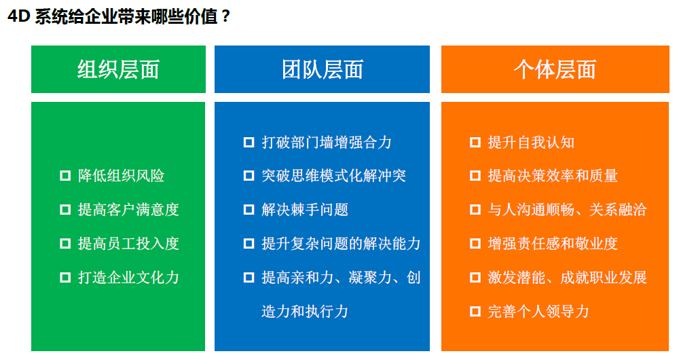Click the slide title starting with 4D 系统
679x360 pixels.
pyautogui.click(x=119, y=16)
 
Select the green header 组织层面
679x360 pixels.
pyautogui.click(x=118, y=69)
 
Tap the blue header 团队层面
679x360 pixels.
pyautogui.click(x=322, y=69)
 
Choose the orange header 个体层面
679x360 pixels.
pyautogui.click(x=555, y=69)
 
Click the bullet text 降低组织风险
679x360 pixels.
pyautogui.click(x=122, y=175)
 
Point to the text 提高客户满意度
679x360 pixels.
pyautogui.click(x=128, y=210)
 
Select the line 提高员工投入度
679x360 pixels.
pyautogui.click(x=128, y=243)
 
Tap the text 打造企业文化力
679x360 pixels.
pyautogui.click(x=128, y=277)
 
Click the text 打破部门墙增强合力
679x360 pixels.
pyautogui.click(x=327, y=142)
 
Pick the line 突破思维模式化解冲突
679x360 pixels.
pyautogui.click(x=334, y=175)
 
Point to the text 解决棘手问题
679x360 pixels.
pyautogui.click(x=305, y=210)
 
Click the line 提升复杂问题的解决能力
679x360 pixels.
pyautogui.click(x=342, y=243)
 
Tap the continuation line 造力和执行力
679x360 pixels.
pyautogui.click(x=305, y=311)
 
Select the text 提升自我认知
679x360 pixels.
pyautogui.click(x=532, y=142)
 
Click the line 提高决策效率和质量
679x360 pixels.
pyautogui.click(x=553, y=175)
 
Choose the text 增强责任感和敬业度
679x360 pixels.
pyautogui.click(x=553, y=243)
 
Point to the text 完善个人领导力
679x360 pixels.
pyautogui.click(x=538, y=311)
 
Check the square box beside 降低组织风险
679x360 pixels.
pyautogui.click(x=65, y=175)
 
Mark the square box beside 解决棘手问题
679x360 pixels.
pyautogui.click(x=249, y=210)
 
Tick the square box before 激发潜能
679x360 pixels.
pyautogui.click(x=475, y=277)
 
